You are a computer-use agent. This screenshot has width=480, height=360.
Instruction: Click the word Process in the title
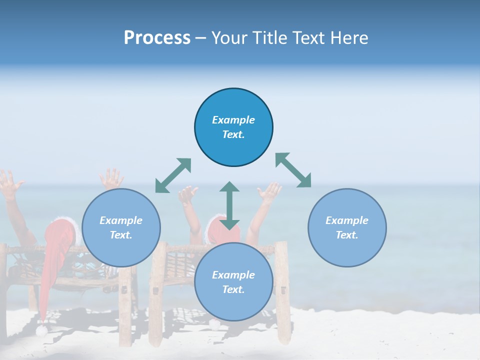tap(157, 38)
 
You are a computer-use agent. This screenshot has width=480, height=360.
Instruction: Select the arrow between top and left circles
tap(173, 175)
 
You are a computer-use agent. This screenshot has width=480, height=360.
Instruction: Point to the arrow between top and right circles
tap(293, 170)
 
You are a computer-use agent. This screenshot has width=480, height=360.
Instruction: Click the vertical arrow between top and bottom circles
tap(229, 205)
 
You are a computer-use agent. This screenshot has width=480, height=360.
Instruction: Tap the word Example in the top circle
tap(233, 120)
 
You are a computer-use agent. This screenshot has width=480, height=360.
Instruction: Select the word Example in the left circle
tap(121, 220)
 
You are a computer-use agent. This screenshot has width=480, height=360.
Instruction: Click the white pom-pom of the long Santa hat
tap(42, 330)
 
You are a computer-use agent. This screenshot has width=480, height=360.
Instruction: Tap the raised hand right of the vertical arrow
tap(269, 191)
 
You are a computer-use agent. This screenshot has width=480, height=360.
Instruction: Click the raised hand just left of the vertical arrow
tap(188, 195)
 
